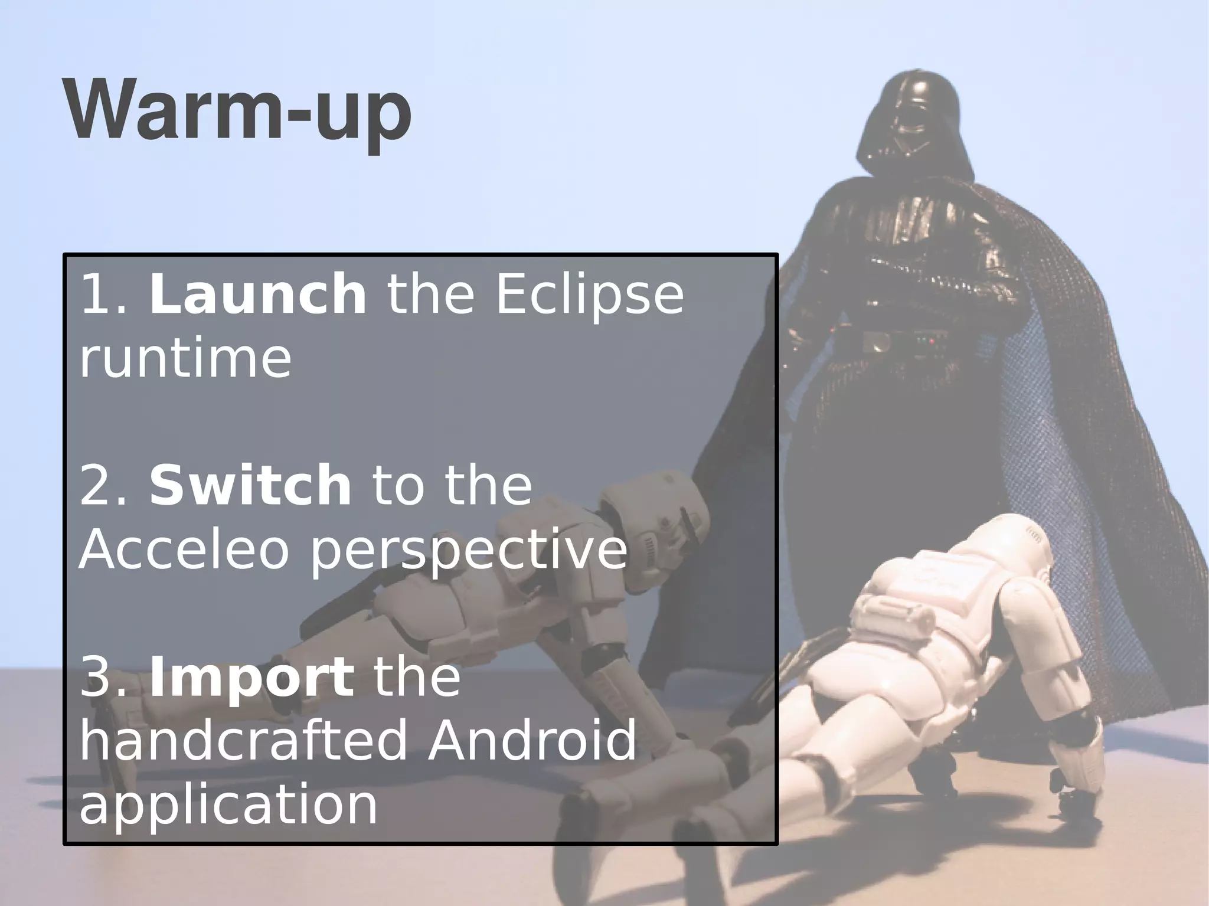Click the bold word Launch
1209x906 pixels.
click(x=257, y=295)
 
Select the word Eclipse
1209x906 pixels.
click(x=589, y=295)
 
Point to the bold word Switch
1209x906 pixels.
click(x=250, y=485)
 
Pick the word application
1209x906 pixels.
click(x=228, y=805)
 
